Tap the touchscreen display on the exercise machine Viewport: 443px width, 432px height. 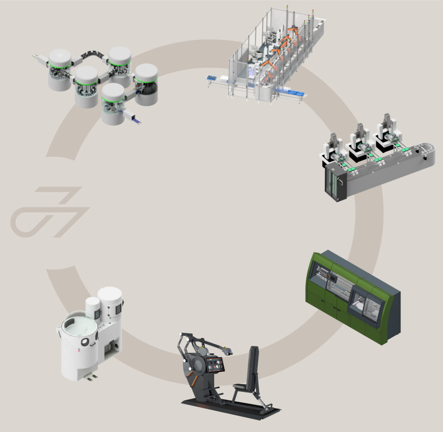click(x=216, y=365)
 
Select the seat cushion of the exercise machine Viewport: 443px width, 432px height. click(x=244, y=386)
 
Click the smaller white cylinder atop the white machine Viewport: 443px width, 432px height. click(x=93, y=308)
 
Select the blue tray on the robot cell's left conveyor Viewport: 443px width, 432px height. click(x=212, y=78)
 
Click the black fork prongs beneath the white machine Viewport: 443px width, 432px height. click(x=91, y=378)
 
